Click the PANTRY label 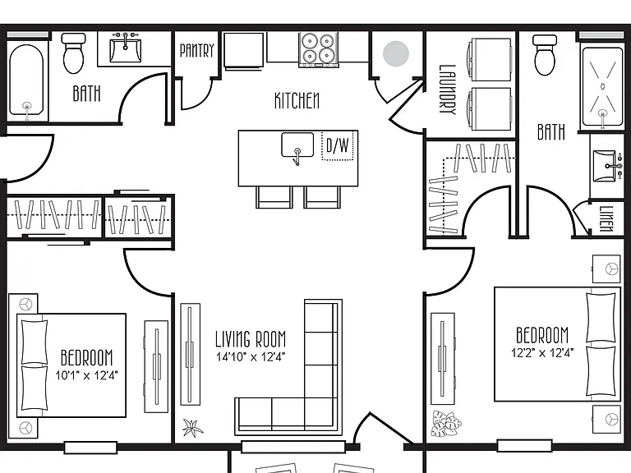[x=197, y=51]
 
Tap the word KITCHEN [x=297, y=100]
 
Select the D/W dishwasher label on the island [x=337, y=145]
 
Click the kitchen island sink [x=297, y=145]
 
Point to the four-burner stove [x=318, y=49]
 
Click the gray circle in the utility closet [x=396, y=53]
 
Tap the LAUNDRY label [x=448, y=90]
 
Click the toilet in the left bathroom [x=74, y=53]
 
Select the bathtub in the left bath [x=26, y=80]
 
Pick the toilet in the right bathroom [x=545, y=55]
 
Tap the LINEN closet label [x=606, y=218]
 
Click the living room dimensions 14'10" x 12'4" [x=251, y=356]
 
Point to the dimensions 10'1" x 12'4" [x=86, y=375]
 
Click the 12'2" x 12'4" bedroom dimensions [x=542, y=353]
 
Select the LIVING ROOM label [x=251, y=339]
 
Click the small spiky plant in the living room [x=192, y=428]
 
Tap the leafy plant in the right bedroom [x=446, y=424]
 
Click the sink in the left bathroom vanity [x=126, y=49]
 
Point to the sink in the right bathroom [x=606, y=166]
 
